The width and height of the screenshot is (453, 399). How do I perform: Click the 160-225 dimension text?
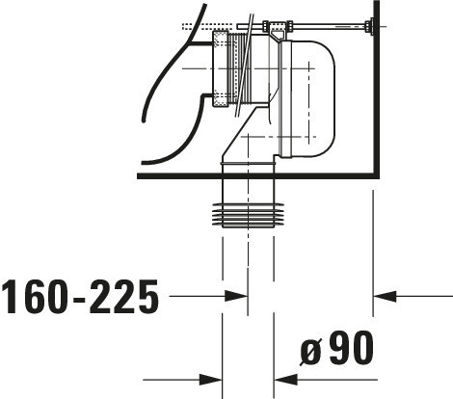click(80, 296)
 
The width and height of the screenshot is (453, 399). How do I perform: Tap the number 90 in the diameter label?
click(351, 348)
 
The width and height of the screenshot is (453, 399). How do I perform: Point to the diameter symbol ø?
click(310, 352)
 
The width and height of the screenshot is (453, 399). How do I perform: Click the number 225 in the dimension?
click(124, 296)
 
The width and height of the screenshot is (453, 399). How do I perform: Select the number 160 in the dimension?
click(36, 296)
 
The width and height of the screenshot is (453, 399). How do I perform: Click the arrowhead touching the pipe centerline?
click(236, 296)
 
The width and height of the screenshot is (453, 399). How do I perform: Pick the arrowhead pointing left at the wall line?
click(385, 296)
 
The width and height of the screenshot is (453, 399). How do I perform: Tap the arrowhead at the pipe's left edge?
click(210, 380)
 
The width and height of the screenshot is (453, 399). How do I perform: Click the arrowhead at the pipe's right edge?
click(285, 380)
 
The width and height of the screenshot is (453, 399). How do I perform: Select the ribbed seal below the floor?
click(249, 215)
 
